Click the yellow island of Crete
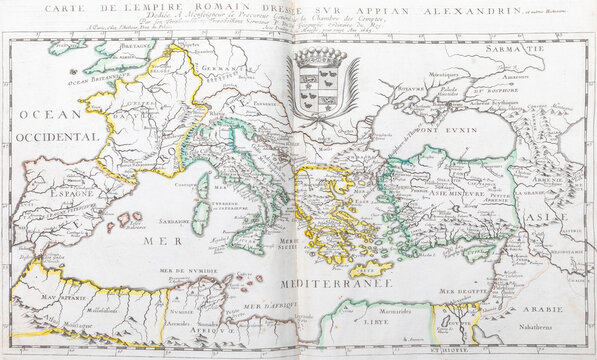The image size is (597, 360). [369, 268]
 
